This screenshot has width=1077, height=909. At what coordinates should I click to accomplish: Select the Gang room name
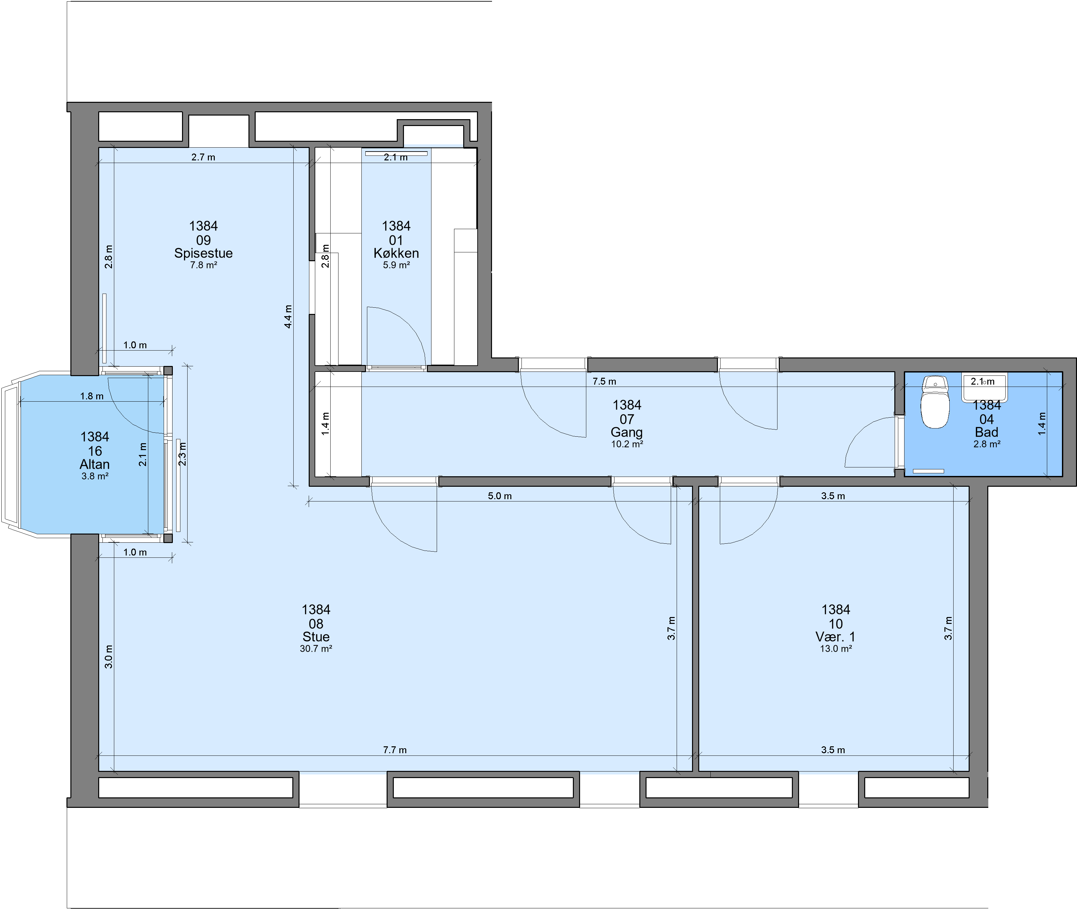pos(627,432)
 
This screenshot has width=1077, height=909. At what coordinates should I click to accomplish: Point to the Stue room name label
pos(316,637)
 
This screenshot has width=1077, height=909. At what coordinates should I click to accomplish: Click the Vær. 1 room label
pos(835,637)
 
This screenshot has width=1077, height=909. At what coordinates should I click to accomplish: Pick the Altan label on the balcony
pos(95,464)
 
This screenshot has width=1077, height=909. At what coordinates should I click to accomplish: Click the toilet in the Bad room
pos(935,403)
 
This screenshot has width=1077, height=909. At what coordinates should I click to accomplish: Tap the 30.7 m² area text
pos(316,649)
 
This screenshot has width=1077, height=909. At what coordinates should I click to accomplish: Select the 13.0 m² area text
pos(835,649)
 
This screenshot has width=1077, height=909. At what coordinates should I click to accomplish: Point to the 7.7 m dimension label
pos(395,750)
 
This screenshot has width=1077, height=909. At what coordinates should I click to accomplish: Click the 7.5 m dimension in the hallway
pos(604,381)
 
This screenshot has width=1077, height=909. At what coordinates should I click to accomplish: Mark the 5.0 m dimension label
pos(499,496)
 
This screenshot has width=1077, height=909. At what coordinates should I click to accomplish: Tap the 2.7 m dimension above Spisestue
pos(203,157)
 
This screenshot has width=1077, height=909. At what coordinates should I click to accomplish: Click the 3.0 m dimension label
pos(109,657)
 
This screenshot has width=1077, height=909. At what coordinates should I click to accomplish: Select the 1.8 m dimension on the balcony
pos(92,396)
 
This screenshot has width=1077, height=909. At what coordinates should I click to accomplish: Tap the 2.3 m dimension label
pos(182,454)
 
